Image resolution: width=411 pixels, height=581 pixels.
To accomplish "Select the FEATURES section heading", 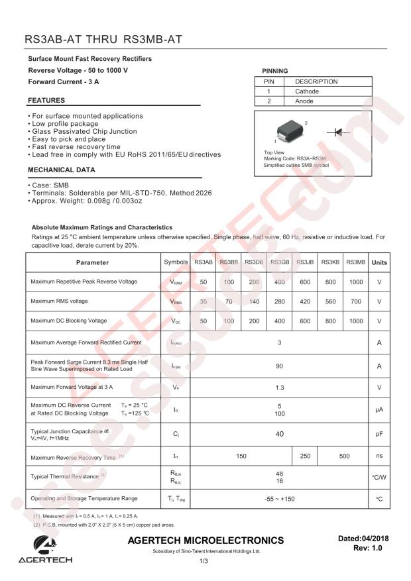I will (46, 101).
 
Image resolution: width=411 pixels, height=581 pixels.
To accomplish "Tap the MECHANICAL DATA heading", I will (61, 170).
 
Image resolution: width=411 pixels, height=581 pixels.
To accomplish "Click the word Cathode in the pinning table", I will (307, 91).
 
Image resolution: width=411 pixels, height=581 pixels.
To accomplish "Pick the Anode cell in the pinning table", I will (304, 101).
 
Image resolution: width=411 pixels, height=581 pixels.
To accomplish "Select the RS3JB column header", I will (305, 262).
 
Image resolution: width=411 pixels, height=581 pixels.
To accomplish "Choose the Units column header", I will (379, 262).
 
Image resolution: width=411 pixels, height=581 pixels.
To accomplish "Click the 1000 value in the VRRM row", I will (355, 282).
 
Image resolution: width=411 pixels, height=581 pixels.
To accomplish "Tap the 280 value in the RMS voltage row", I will (279, 301).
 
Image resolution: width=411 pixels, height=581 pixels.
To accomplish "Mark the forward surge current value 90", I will (279, 366).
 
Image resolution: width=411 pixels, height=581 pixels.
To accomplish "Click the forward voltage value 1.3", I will (279, 387).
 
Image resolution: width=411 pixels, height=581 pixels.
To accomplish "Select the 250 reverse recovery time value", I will (305, 456).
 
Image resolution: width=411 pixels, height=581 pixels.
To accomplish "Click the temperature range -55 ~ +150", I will (279, 498).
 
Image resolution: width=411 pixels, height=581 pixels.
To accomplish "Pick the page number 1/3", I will (204, 562).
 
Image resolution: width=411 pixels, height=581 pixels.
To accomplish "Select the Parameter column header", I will (92, 262).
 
